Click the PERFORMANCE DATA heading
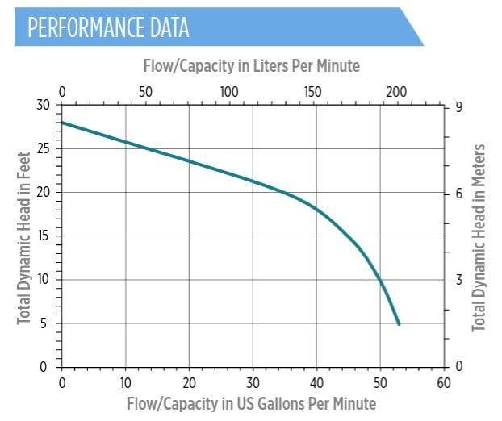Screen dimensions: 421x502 point(108,27)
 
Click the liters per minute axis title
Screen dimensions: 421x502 point(251,65)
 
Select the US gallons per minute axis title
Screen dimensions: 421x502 point(251,402)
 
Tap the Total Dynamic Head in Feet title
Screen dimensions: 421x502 point(23,235)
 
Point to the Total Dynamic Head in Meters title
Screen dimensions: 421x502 point(479,237)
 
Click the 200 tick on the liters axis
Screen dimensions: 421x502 point(395,90)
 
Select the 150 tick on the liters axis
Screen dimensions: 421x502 point(312,90)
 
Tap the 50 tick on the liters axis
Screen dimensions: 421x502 point(145,90)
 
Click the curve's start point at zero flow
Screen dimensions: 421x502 point(62,123)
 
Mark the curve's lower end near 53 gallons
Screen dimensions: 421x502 point(399,324)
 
